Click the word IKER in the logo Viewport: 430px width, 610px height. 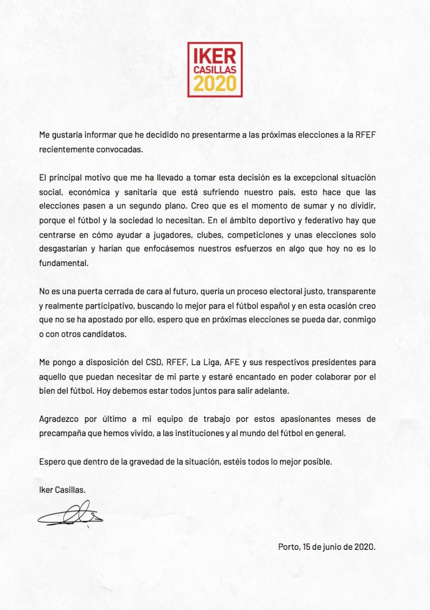coord(214,56)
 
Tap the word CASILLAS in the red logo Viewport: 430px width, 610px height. coord(214,71)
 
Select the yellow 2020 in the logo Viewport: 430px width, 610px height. coord(214,85)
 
